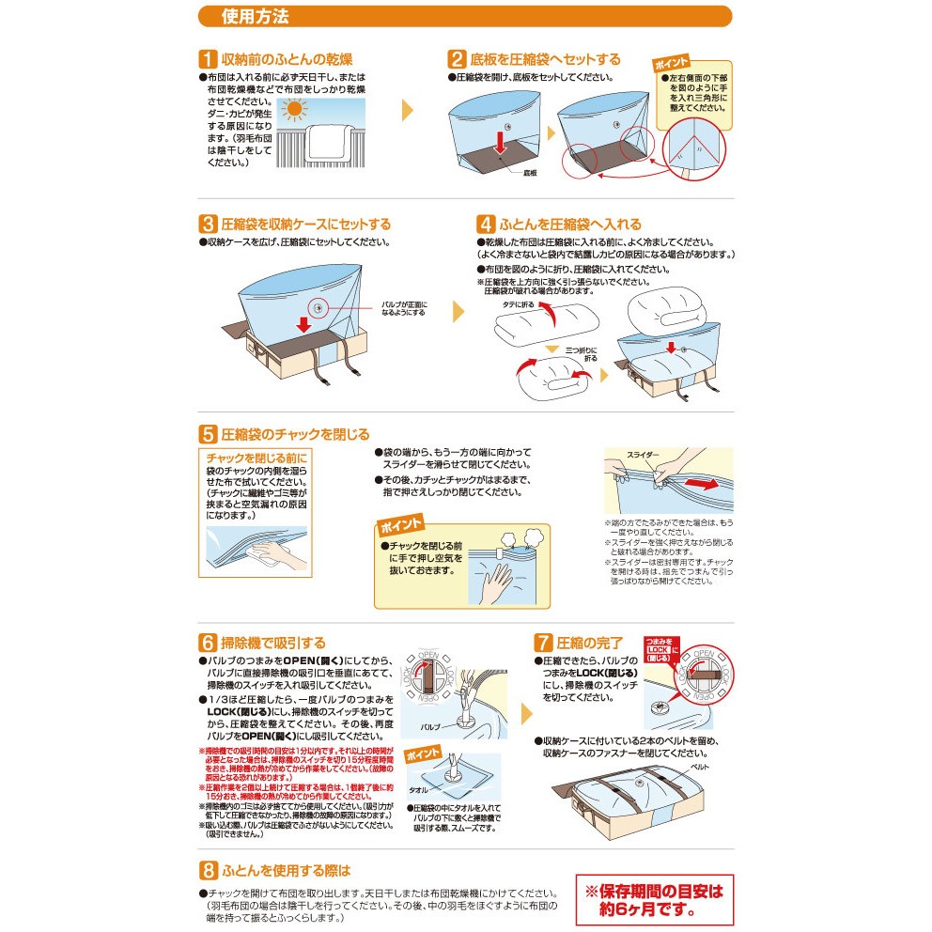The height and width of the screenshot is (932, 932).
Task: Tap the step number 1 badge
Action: click(x=208, y=59)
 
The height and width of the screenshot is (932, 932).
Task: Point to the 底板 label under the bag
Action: click(x=530, y=173)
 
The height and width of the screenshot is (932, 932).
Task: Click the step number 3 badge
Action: click(x=208, y=225)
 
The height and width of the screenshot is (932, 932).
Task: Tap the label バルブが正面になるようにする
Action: click(x=404, y=308)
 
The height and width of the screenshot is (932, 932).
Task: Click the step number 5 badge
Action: click(x=208, y=434)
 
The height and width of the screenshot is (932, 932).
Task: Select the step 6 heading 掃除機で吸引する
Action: click(x=272, y=644)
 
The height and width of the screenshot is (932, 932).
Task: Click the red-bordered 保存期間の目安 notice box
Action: click(x=654, y=899)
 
